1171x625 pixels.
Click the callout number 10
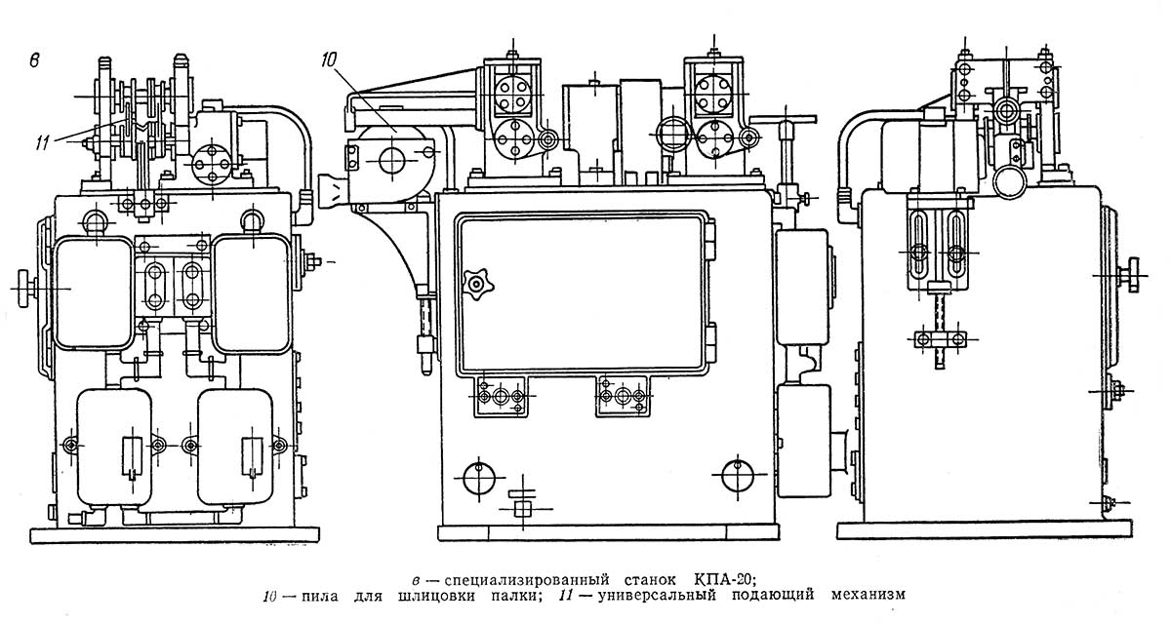click(328, 59)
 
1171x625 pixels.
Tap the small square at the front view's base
click(522, 507)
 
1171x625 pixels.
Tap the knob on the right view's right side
click(1132, 274)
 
